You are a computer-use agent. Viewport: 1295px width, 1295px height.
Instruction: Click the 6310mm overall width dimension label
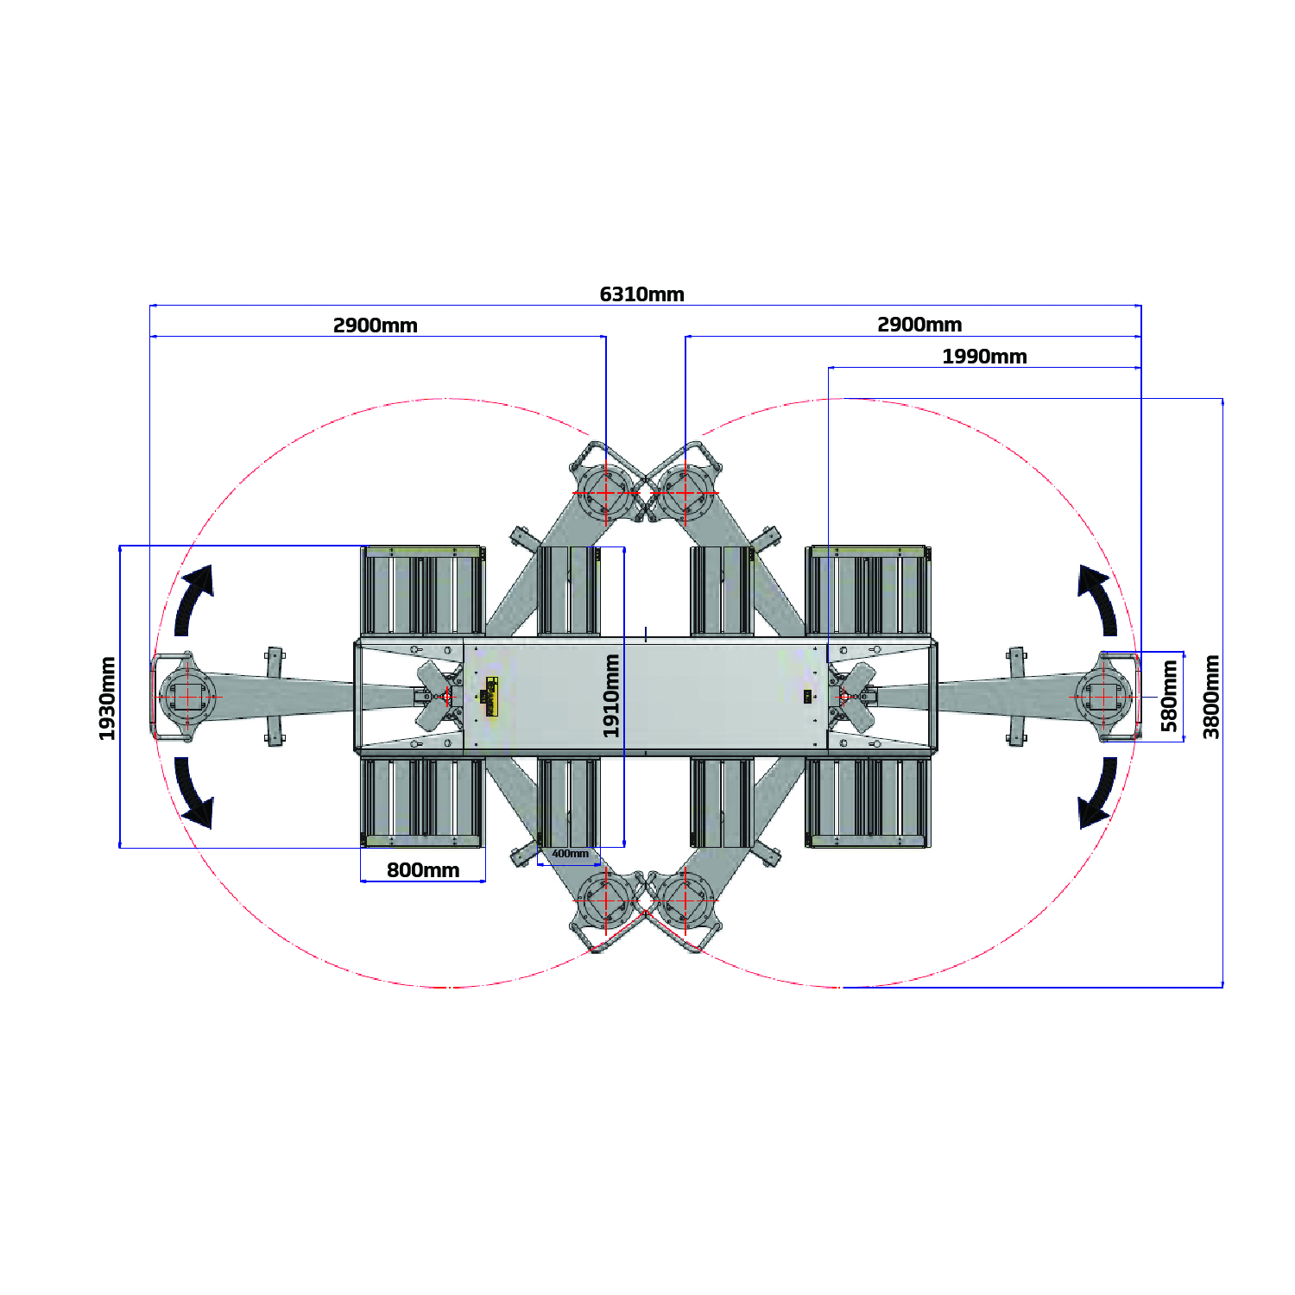pos(641,294)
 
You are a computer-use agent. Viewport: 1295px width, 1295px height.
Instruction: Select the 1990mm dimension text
pos(984,357)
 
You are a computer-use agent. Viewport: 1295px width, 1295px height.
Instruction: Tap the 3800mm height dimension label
pos(1212,697)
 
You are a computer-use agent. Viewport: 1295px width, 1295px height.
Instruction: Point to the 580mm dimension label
pos(1169,696)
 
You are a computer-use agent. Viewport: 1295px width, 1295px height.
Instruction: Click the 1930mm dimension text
pos(107,698)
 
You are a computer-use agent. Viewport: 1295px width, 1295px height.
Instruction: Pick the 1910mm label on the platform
pos(611,696)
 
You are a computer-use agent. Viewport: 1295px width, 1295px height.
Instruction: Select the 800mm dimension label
pos(423,870)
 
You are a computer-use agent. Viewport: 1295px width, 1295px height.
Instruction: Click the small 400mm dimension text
pos(570,854)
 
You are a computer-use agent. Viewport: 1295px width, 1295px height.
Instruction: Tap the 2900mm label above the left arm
pos(376,325)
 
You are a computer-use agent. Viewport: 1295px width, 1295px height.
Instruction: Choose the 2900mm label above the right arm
pos(919,325)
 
